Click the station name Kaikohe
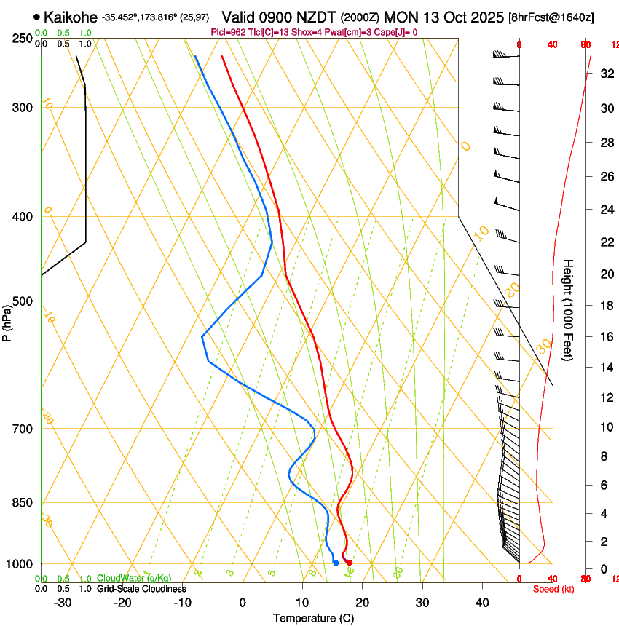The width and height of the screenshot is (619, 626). click(71, 17)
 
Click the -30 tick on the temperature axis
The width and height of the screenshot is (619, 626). click(63, 603)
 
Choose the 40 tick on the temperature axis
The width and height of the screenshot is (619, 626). click(482, 603)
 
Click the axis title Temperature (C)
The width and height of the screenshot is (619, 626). click(313, 618)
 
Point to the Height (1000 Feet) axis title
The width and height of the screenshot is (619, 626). click(569, 310)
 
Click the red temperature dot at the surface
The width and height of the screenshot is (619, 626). click(350, 563)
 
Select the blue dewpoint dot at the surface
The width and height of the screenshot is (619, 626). click(336, 563)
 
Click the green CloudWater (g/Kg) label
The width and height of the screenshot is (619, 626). click(134, 579)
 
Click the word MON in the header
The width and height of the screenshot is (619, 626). click(403, 17)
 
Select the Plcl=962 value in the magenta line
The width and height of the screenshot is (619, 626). click(227, 33)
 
